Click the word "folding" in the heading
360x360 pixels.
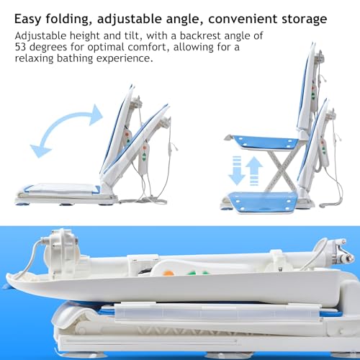point(68,19)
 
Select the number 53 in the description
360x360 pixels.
point(20,47)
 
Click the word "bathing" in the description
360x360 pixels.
point(75,58)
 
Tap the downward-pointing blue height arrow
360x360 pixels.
point(237,171)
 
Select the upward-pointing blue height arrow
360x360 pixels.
point(254,171)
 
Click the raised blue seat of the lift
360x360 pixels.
point(265,143)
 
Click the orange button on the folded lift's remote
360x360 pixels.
point(168,274)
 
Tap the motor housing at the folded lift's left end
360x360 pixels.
point(63,251)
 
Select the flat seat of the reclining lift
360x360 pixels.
point(62,189)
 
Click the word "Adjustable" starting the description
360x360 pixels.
point(40,36)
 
